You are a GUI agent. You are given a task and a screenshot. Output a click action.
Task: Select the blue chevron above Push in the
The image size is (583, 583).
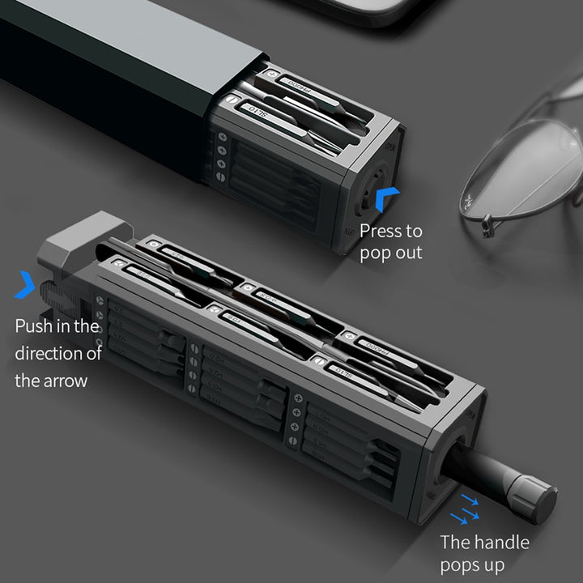(x=24, y=285)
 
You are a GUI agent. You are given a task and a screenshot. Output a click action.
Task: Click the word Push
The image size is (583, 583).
(x=36, y=326)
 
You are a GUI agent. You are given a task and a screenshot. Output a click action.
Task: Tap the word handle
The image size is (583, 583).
(x=500, y=543)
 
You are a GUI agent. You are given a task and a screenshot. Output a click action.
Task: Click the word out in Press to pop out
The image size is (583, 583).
(x=408, y=253)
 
